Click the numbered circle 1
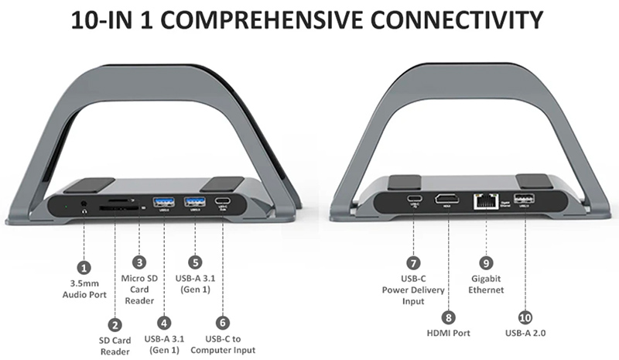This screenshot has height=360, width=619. [84, 267]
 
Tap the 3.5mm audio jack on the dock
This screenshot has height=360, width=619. [83, 207]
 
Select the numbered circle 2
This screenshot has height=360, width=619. [115, 326]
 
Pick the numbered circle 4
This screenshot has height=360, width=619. [164, 321]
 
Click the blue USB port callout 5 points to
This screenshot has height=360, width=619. [195, 203]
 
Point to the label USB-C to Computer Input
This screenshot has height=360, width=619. [223, 345]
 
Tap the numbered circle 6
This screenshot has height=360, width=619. [223, 321]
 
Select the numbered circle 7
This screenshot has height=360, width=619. [415, 262]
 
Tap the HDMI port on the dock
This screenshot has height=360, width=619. [446, 199]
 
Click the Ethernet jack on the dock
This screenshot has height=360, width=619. [485, 201]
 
